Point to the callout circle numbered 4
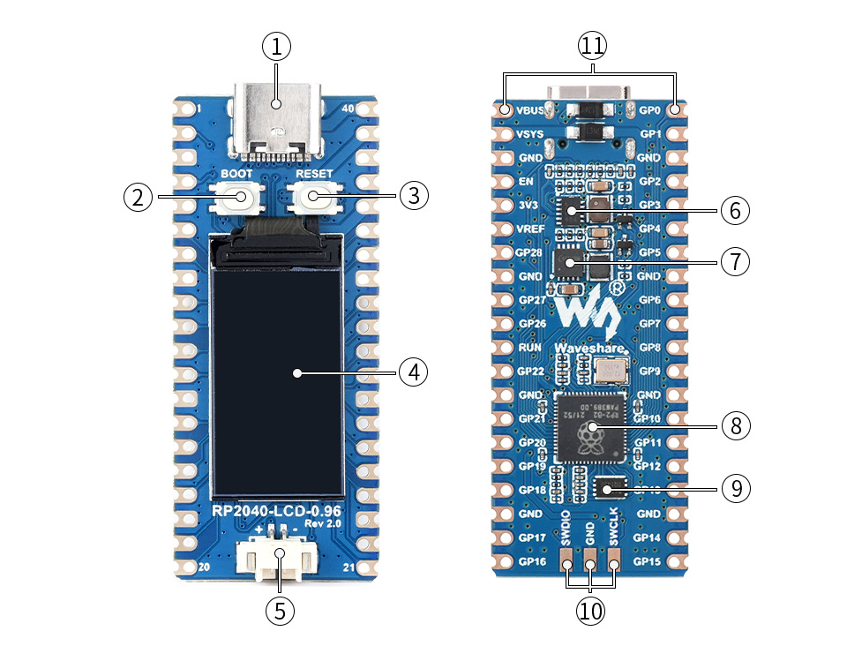coord(412,372)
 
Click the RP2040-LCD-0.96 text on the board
coord(276,511)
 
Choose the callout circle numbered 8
coord(735,426)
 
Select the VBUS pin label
coord(530,111)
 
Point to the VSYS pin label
coord(530,134)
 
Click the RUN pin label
coord(530,348)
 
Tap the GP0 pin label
coord(649,111)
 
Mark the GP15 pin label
coord(648,561)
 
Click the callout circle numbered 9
coord(735,487)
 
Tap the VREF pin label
coord(530,229)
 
